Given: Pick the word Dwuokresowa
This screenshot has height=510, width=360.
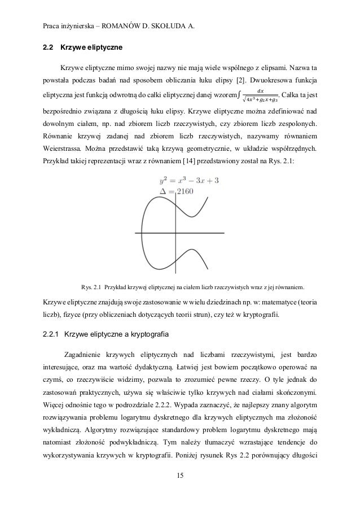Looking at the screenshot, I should [270, 77].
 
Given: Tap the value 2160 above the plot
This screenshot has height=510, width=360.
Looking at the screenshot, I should [183, 192].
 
